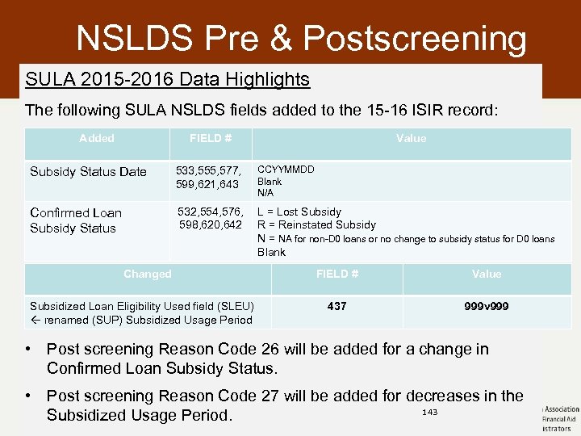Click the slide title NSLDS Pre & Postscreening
tap(301, 39)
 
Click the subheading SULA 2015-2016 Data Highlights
tap(167, 79)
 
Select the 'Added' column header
tap(97, 138)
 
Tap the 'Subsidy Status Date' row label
tap(88, 171)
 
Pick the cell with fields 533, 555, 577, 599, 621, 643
tap(207, 178)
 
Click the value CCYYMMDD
tap(286, 170)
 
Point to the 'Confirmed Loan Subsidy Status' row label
tap(75, 220)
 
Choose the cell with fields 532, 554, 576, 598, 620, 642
tap(210, 218)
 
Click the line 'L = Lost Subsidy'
tap(299, 212)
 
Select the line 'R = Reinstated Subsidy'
tap(316, 224)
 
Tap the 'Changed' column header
tap(147, 274)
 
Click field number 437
tap(337, 307)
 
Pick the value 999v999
tap(486, 307)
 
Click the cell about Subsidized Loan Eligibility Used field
tap(142, 312)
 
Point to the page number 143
tap(430, 413)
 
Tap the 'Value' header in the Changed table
tap(486, 274)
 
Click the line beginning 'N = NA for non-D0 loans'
tap(406, 238)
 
